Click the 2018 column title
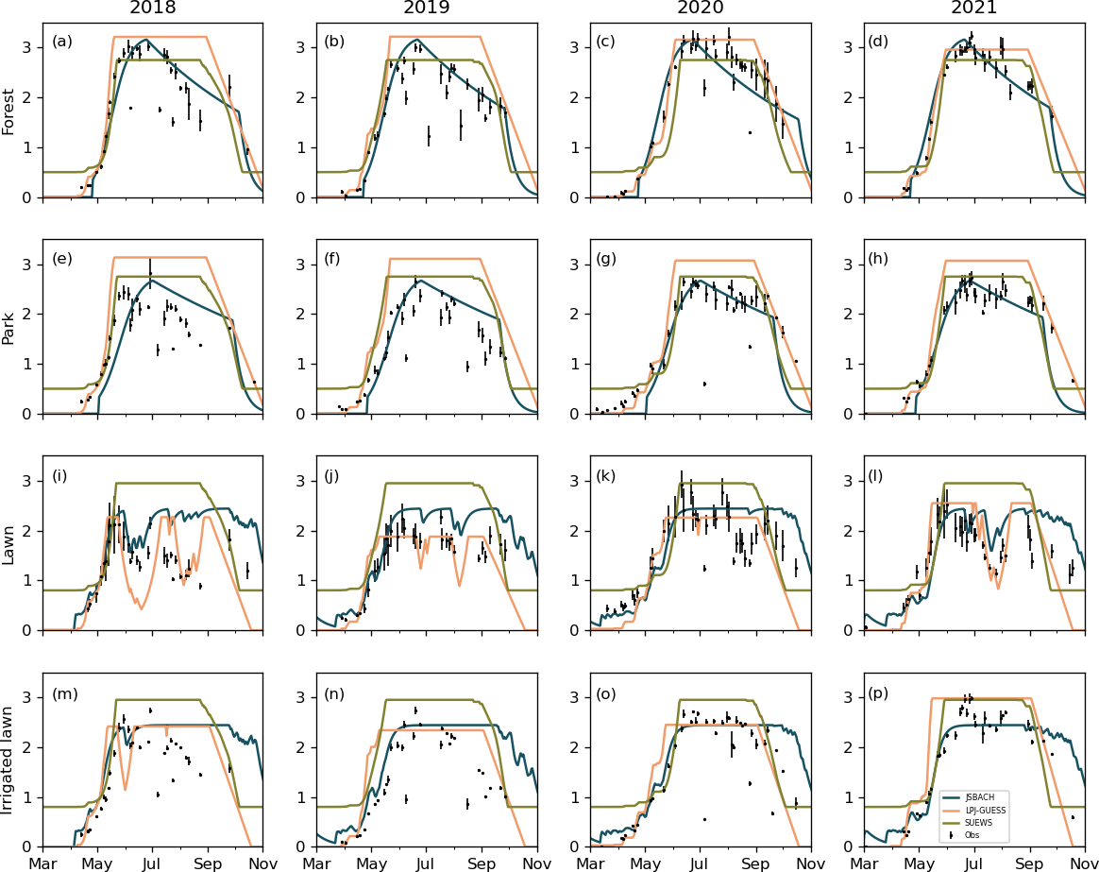coord(152,9)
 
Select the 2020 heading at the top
coord(700,9)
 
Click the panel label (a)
coord(61,42)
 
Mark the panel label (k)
coord(608,475)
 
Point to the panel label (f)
coord(333,258)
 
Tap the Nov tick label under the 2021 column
coord(1084,863)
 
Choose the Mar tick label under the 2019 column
coord(316,863)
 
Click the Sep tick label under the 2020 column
coord(755,863)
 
